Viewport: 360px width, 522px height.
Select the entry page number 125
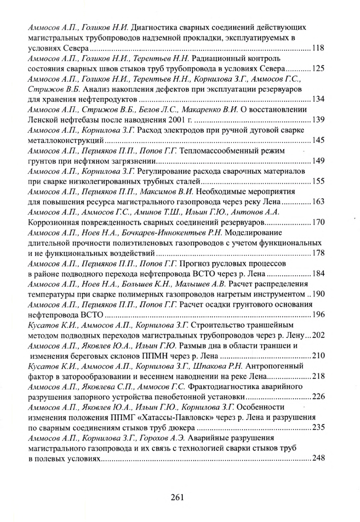[318, 69]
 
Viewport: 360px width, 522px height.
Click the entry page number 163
[318, 202]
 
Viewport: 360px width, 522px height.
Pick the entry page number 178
[318, 253]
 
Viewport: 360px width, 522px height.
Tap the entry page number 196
[318, 315]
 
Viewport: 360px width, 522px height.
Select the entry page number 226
[318, 396]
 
